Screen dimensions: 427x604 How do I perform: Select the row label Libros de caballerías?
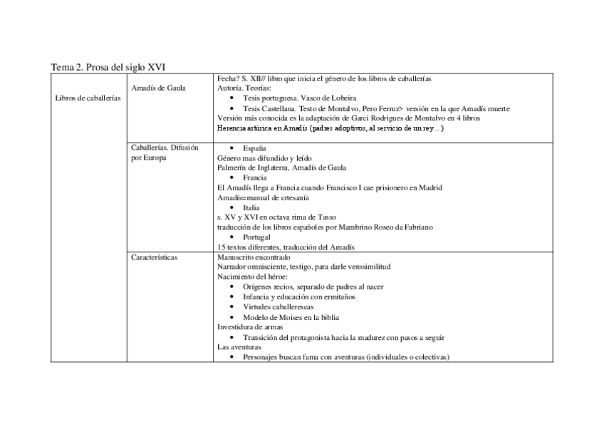pyautogui.click(x=88, y=98)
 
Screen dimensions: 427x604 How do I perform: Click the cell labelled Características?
pyautogui.click(x=155, y=257)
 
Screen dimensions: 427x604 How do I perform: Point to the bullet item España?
pyautogui.click(x=255, y=148)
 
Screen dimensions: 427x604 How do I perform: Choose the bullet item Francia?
pyautogui.click(x=254, y=178)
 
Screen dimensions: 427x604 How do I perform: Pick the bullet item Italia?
pyautogui.click(x=251, y=207)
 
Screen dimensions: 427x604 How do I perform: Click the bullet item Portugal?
pyautogui.click(x=257, y=237)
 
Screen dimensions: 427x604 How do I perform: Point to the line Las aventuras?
pyautogui.click(x=240, y=346)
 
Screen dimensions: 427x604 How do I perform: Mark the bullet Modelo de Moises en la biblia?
pyautogui.click(x=291, y=317)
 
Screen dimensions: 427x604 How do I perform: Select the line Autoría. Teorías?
pyautogui.click(x=244, y=88)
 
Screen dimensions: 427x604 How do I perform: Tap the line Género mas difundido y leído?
pyautogui.click(x=265, y=158)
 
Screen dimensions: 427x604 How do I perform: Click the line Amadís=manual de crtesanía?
pyautogui.click(x=263, y=197)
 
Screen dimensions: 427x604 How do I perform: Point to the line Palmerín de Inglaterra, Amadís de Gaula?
pyautogui.click(x=282, y=168)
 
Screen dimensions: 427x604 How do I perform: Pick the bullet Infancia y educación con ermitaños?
pyautogui.click(x=298, y=297)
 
